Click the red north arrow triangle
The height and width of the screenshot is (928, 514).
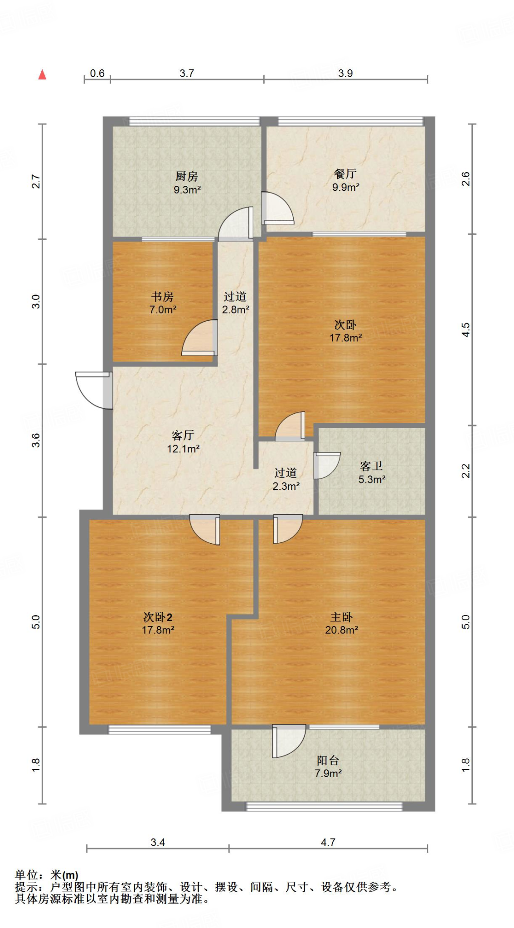[42, 74]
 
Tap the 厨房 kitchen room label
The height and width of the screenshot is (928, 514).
[187, 176]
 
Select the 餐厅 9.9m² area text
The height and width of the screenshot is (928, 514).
[346, 187]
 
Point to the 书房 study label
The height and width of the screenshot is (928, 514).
[162, 297]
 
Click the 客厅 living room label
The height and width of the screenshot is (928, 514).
[183, 435]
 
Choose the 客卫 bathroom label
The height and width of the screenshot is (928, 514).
[372, 466]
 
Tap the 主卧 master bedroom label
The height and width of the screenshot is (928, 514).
[342, 617]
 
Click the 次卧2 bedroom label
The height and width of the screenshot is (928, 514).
[158, 617]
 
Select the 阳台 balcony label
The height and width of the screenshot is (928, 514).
[328, 760]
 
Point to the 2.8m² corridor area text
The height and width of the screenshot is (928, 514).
[236, 310]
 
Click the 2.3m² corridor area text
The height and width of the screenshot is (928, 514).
[286, 486]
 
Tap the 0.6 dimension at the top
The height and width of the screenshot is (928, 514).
[97, 73]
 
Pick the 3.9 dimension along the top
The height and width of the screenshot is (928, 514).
[345, 73]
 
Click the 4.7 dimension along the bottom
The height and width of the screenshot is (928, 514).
[328, 842]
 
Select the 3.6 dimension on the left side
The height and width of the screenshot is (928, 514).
[36, 440]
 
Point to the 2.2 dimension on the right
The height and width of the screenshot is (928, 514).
[466, 471]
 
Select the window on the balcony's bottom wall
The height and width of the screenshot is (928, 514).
[324, 807]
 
